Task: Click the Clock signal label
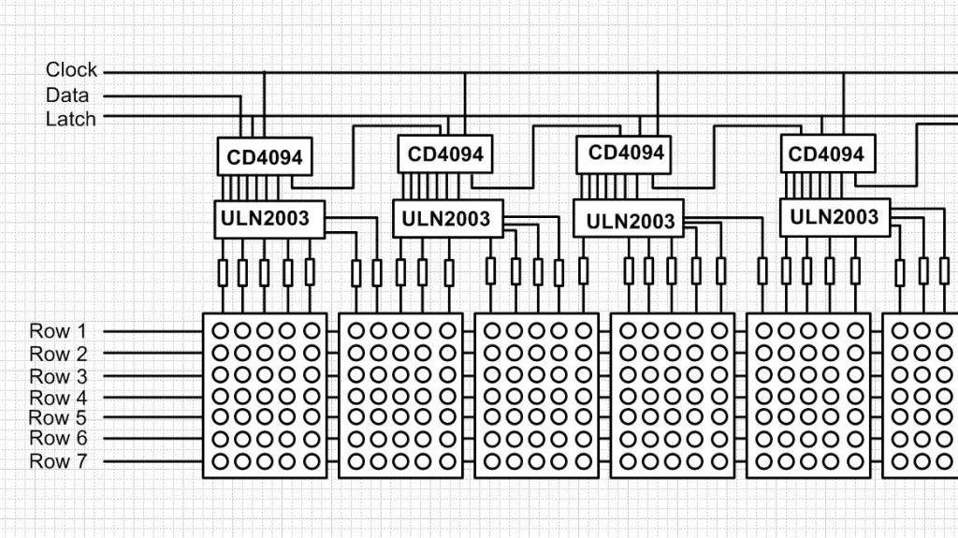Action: (x=71, y=70)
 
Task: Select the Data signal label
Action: (x=67, y=95)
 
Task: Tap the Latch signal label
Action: (x=71, y=119)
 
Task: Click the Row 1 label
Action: (x=58, y=331)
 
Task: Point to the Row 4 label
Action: (x=58, y=397)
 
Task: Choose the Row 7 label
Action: (x=58, y=461)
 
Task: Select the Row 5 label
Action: (x=58, y=417)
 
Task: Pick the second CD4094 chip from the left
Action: (x=445, y=153)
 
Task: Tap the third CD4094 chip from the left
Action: (x=626, y=152)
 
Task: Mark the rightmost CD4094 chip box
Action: (x=826, y=153)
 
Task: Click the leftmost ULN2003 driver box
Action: (x=269, y=219)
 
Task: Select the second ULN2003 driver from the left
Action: (x=447, y=218)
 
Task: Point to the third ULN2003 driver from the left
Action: (x=629, y=221)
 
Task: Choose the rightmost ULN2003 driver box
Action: (x=835, y=217)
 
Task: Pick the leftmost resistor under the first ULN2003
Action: (x=223, y=272)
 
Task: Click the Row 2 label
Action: (x=58, y=354)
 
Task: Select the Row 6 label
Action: (x=58, y=439)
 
